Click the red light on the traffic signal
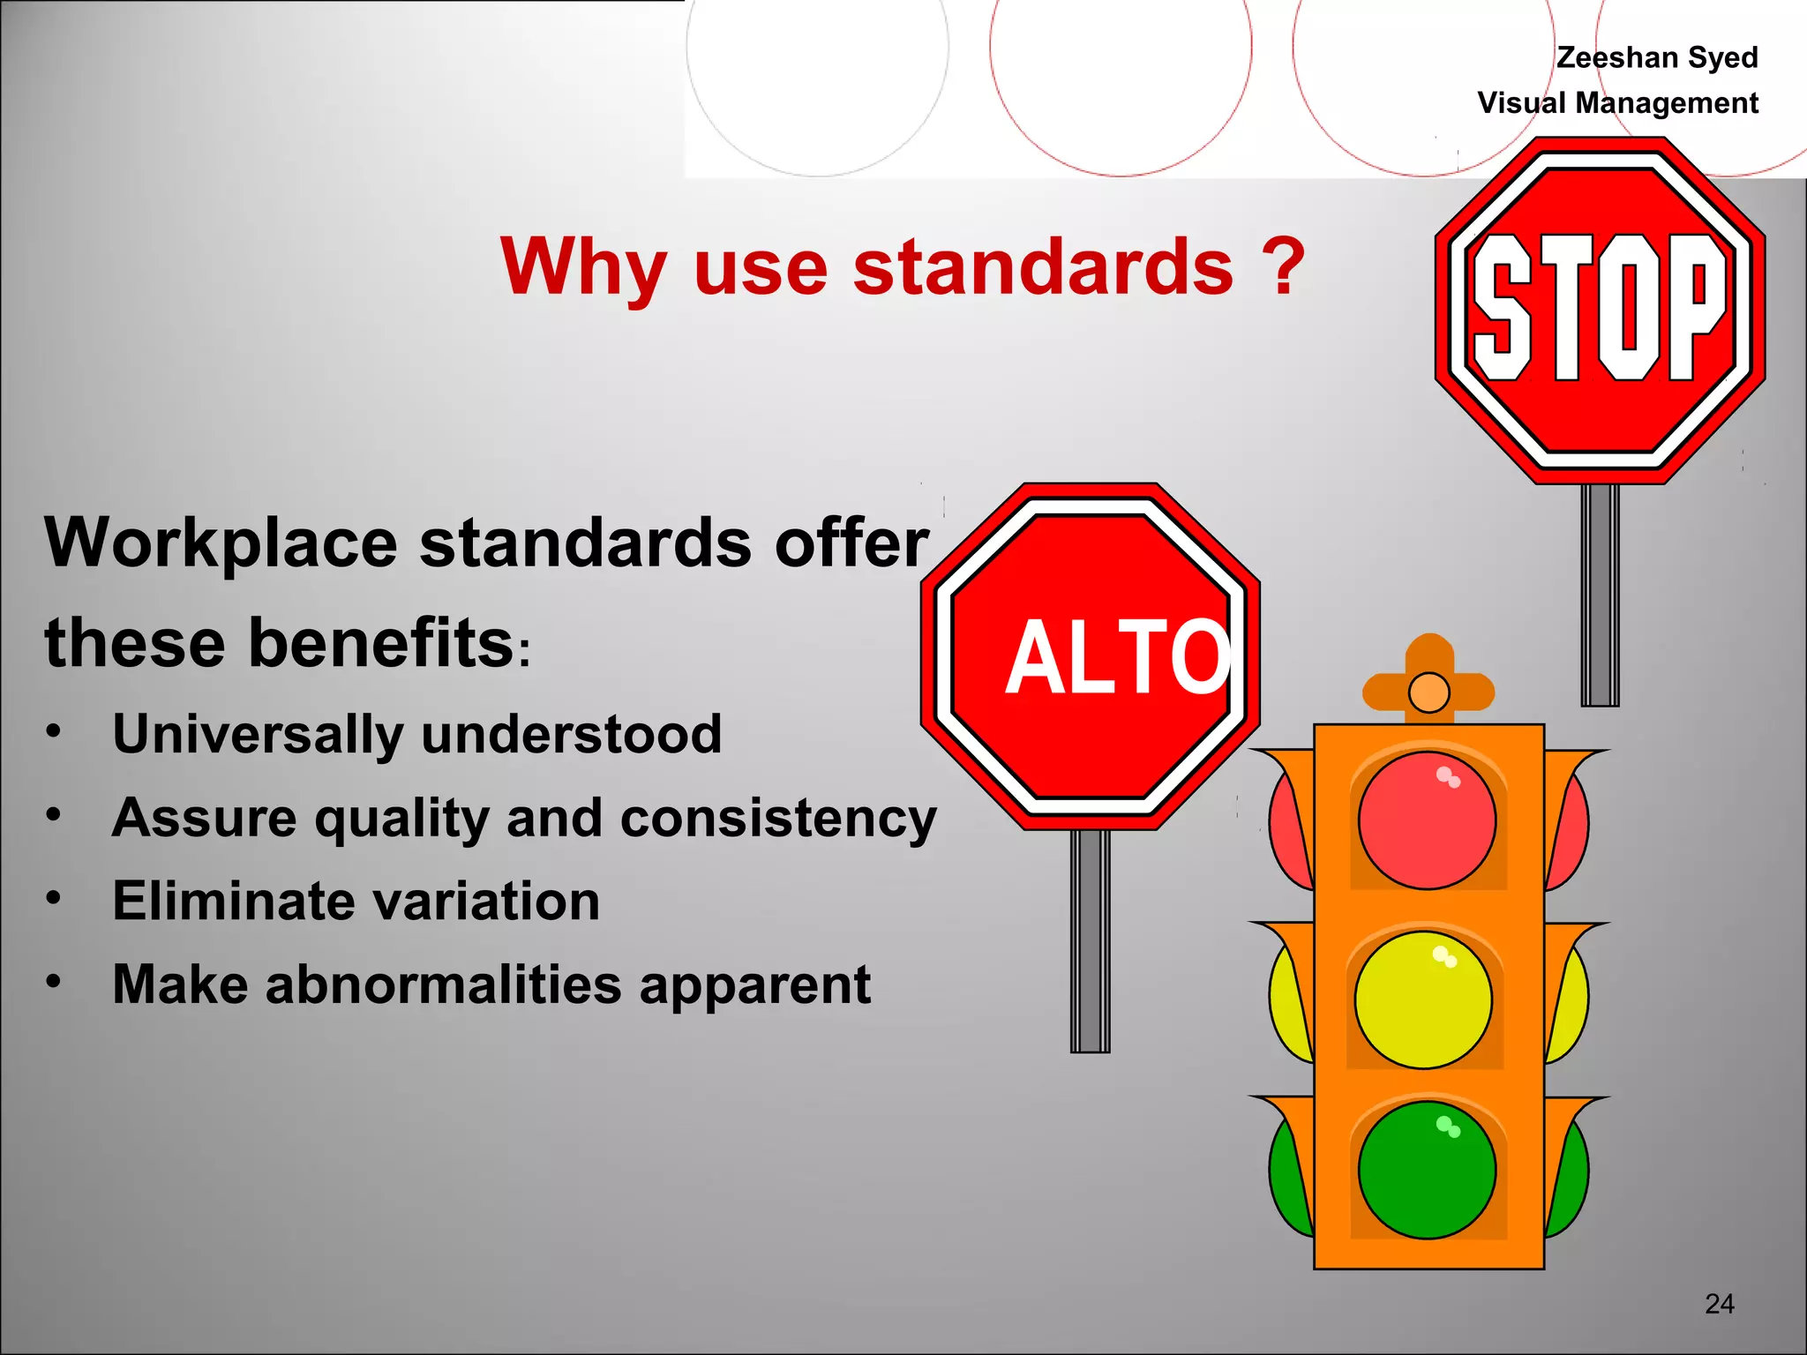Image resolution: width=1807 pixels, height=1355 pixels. [1427, 820]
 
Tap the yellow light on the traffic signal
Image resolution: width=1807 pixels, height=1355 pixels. [1423, 1000]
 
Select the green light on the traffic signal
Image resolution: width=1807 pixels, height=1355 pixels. [1427, 1171]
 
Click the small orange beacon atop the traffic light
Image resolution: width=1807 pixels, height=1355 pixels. [1429, 692]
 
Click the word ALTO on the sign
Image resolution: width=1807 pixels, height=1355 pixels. [1118, 656]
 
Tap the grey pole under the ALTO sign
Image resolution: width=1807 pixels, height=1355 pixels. [1091, 940]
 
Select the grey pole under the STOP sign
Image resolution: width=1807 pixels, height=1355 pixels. [1600, 595]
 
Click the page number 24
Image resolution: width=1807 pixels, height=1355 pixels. [1720, 1304]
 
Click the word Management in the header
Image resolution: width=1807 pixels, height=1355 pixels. [1667, 103]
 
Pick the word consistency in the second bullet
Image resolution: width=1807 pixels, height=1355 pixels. [778, 819]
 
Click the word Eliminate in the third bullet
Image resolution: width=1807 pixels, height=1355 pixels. [224, 902]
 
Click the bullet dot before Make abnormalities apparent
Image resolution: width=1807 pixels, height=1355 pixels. [54, 981]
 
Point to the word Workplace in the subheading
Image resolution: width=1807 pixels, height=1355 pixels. [221, 543]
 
